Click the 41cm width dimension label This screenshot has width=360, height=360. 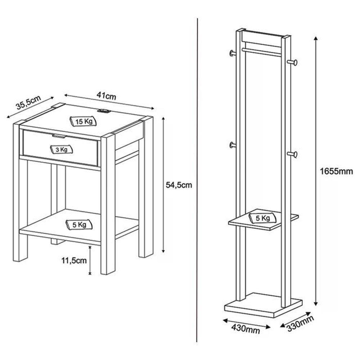point(106,96)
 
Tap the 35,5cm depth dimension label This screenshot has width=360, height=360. point(28,102)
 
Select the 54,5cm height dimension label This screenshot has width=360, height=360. point(179,185)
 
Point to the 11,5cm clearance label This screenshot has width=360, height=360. point(74,260)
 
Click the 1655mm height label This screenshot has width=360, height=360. point(336,171)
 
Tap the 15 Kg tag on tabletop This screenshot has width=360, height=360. point(84,121)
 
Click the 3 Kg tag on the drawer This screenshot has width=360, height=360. point(61,150)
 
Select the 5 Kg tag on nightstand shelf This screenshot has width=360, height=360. point(79,225)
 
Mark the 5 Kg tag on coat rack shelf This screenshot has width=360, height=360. point(263,218)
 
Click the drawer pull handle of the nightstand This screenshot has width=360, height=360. point(59,136)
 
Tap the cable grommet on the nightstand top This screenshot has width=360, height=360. point(104,111)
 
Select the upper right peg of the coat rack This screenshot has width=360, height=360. point(292,62)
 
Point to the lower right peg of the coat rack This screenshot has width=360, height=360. point(292,154)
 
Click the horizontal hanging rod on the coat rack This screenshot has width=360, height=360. point(261,52)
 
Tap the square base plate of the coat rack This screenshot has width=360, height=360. point(264,305)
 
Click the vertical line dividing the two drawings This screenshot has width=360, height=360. point(197,180)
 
